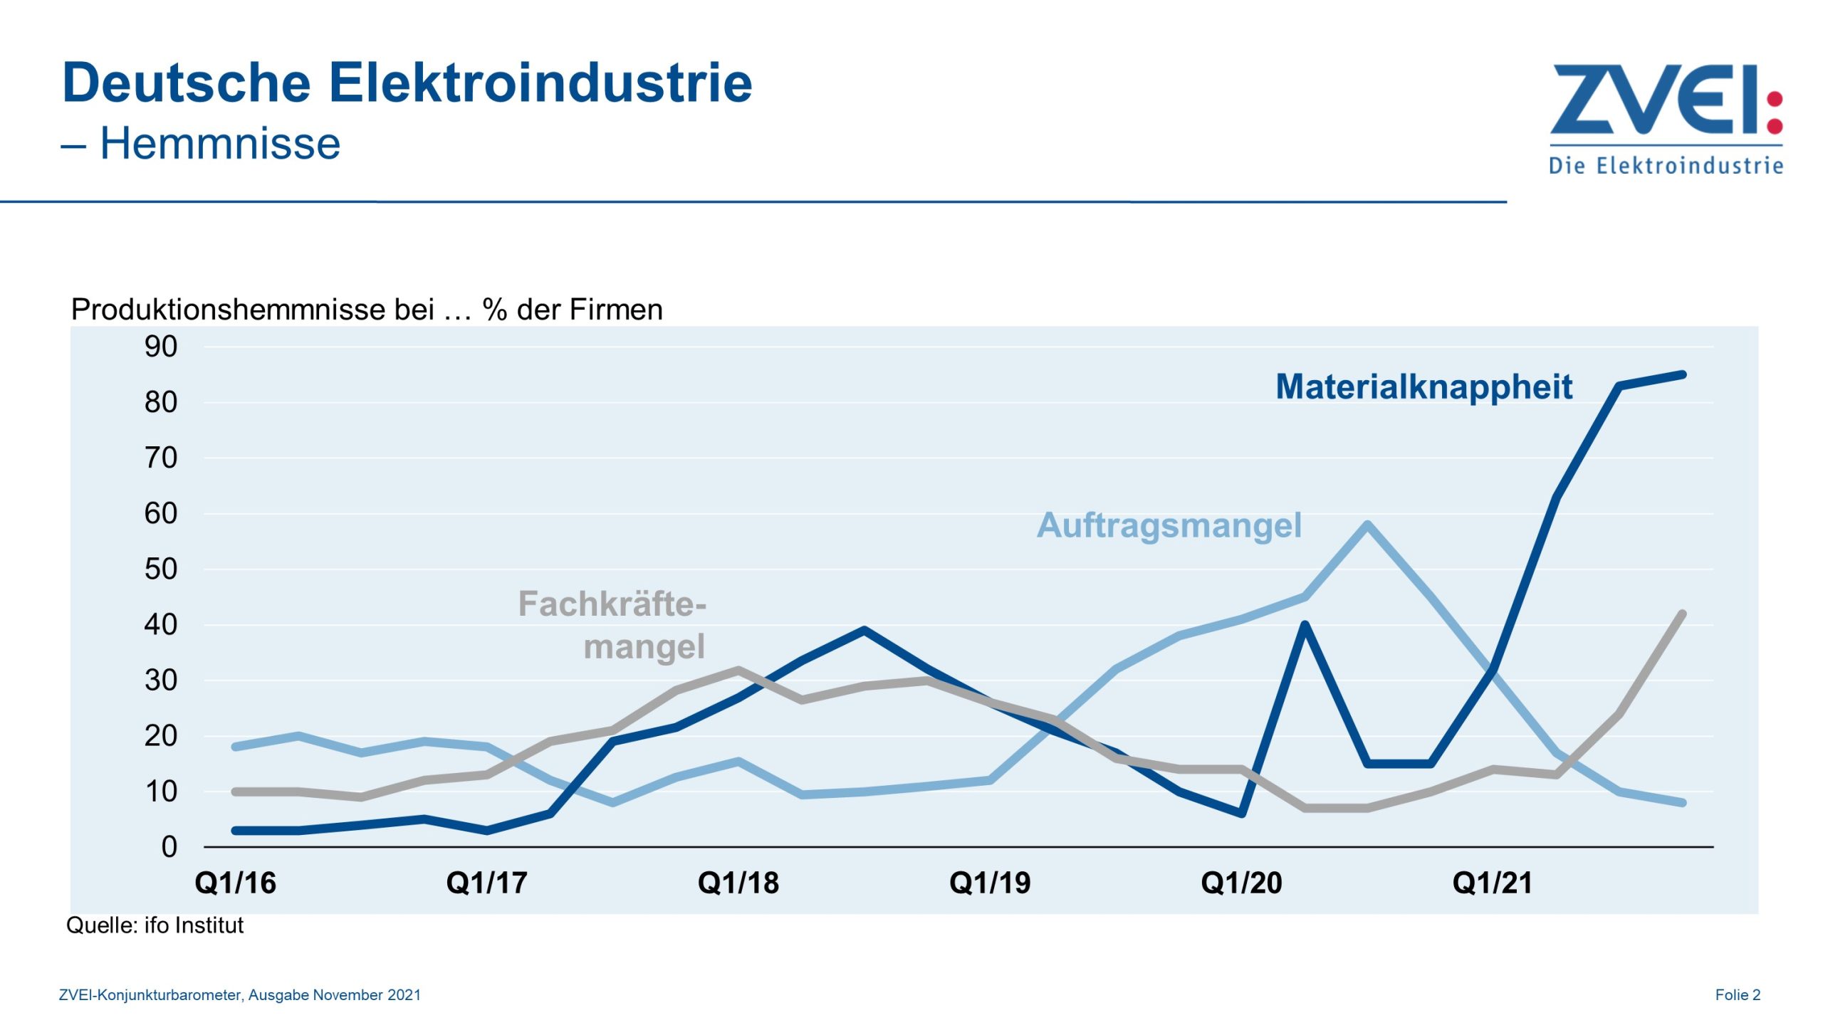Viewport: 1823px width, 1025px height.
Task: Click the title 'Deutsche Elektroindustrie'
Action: click(407, 83)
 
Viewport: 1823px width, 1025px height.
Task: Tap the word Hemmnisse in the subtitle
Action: click(220, 144)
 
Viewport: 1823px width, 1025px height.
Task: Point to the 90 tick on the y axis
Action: click(161, 347)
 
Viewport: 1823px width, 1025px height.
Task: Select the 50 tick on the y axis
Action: click(161, 569)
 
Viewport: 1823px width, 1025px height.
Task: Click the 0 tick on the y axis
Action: click(169, 847)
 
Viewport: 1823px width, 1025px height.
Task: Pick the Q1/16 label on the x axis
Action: click(235, 883)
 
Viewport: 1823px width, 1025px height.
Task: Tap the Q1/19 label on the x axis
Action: click(990, 883)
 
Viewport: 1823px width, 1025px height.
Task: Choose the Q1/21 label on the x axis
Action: click(1493, 883)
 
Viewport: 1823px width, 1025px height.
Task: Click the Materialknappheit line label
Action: click(1424, 387)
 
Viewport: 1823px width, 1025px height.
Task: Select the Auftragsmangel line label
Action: click(1169, 525)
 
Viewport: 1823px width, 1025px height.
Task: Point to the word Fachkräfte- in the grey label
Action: click(612, 604)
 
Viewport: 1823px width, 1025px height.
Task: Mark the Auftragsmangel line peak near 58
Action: click(1368, 525)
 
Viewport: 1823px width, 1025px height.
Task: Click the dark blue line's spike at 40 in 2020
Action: click(1305, 625)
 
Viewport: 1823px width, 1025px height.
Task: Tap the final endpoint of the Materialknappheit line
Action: click(1682, 374)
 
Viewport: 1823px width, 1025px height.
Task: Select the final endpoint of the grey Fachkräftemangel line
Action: click(1682, 614)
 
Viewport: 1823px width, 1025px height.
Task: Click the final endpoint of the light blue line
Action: click(1682, 803)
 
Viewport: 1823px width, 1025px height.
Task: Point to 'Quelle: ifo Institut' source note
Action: click(155, 925)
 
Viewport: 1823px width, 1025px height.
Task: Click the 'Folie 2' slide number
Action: click(1738, 995)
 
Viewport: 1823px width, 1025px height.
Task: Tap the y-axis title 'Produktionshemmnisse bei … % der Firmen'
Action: click(367, 310)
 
